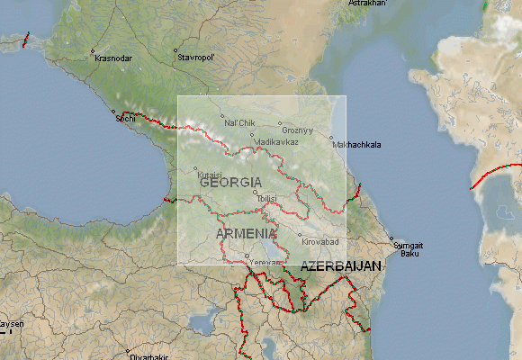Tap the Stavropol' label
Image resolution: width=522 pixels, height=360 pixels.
tap(195, 58)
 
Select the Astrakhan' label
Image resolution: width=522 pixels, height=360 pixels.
tap(366, 4)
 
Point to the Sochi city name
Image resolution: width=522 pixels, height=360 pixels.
tap(125, 118)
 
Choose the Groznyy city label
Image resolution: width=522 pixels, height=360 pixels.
tap(297, 130)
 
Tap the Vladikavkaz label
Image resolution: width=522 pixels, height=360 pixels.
tap(276, 142)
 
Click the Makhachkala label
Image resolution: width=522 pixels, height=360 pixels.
tap(356, 144)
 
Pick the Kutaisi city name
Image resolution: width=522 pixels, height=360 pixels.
tap(209, 175)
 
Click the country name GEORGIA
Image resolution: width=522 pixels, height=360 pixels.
tap(230, 183)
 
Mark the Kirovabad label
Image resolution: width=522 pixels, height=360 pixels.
tap(319, 242)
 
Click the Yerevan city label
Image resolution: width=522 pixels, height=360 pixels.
tap(265, 261)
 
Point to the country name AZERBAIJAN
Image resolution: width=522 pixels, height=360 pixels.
tap(341, 267)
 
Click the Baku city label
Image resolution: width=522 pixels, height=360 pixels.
tap(409, 253)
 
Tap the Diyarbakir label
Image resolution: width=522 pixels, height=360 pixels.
tap(148, 357)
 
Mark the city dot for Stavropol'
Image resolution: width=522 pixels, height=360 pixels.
tap(176, 51)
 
